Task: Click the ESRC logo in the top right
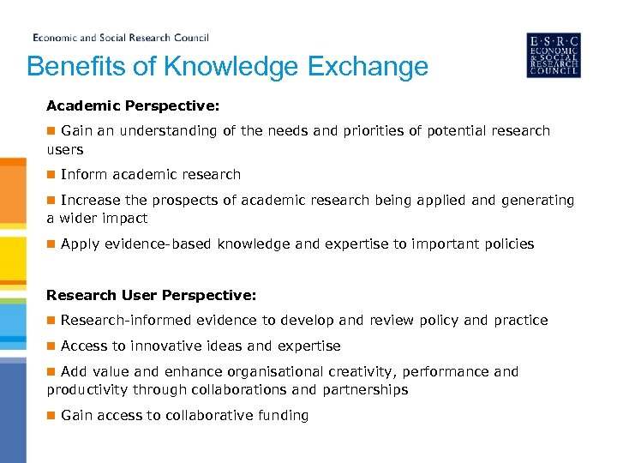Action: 553,55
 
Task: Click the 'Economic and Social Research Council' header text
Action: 121,38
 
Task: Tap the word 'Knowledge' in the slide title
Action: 221,67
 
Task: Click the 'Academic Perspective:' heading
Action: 133,105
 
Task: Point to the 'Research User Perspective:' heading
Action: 151,295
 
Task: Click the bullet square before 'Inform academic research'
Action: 51,174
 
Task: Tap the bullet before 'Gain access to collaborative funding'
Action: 51,415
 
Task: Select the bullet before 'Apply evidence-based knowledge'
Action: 51,244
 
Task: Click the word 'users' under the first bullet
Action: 65,149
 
